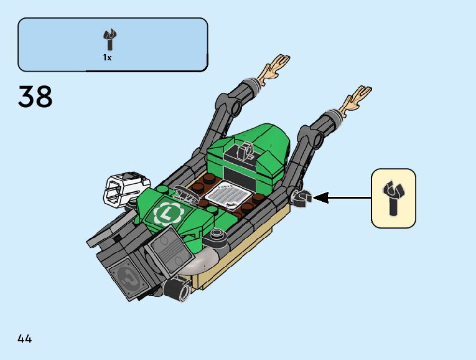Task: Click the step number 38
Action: (35, 97)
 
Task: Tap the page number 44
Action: (25, 339)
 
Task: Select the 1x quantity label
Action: (107, 57)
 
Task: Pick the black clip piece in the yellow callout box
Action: (393, 197)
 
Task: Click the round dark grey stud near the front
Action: (217, 234)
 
